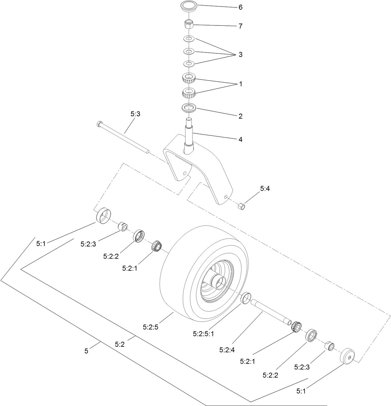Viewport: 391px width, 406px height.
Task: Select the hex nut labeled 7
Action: [x=189, y=24]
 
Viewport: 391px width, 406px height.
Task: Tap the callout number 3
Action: [x=240, y=55]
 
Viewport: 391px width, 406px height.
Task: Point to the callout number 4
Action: [x=240, y=139]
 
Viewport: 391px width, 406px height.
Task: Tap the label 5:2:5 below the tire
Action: [x=151, y=327]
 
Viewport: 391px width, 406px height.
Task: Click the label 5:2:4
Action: [x=227, y=350]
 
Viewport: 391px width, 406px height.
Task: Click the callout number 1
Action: [x=240, y=84]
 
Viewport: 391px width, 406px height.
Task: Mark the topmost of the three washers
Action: [x=189, y=39]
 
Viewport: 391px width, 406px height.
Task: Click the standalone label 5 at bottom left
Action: [x=86, y=351]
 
